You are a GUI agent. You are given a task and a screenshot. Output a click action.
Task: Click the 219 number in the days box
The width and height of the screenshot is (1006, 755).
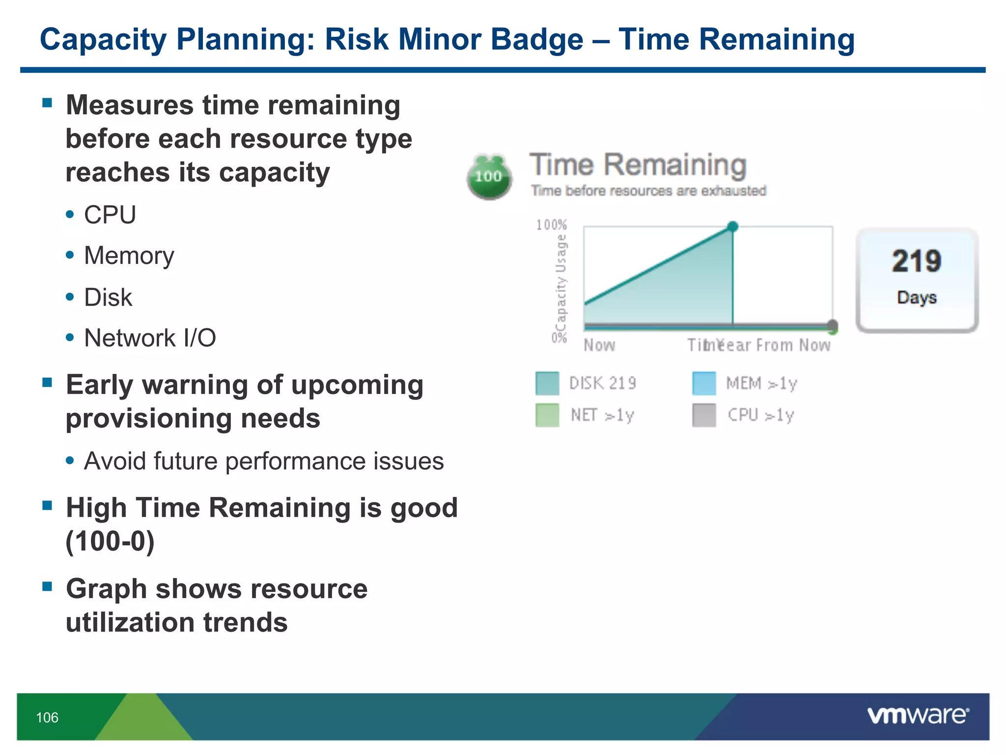(917, 261)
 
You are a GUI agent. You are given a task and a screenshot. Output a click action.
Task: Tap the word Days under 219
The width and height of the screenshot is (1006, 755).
(917, 297)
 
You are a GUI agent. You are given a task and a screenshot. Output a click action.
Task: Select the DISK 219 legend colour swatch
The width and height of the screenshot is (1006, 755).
(547, 383)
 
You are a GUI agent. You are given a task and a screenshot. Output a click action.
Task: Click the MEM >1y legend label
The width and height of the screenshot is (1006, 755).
(761, 383)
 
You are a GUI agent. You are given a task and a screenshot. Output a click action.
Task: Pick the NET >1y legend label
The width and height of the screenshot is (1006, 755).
(602, 415)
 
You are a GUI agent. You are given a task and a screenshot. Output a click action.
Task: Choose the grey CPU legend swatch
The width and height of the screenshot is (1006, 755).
(704, 415)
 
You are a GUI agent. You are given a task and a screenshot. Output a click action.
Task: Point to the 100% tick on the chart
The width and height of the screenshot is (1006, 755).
(551, 225)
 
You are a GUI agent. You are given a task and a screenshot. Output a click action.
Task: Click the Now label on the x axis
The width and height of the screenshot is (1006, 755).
(599, 345)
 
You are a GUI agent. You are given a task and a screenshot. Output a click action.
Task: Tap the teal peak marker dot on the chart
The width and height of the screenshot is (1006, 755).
(732, 227)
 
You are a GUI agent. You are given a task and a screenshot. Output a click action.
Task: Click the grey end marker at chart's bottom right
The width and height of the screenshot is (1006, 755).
(832, 325)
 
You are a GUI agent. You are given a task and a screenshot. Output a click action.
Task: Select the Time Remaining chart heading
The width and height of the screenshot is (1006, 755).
(638, 165)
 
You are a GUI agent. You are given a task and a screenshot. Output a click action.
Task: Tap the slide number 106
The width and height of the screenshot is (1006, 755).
(47, 718)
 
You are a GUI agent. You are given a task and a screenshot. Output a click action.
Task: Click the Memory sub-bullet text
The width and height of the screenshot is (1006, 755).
(129, 256)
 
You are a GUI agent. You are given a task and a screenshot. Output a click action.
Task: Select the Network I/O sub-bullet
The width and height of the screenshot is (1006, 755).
(150, 338)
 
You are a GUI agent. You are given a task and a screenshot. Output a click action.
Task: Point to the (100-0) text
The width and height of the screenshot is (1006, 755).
(110, 541)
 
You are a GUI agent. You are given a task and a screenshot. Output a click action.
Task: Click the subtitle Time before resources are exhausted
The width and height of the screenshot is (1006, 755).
(648, 191)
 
